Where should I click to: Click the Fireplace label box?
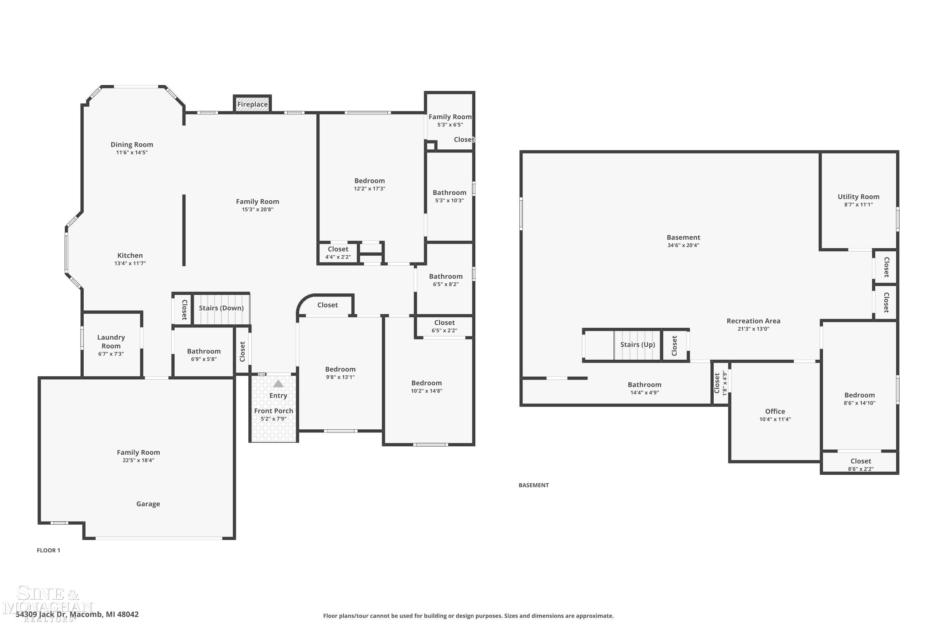pyautogui.click(x=252, y=104)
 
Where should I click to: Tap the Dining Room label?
pyautogui.click(x=132, y=145)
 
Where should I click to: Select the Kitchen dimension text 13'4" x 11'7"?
pyautogui.click(x=130, y=263)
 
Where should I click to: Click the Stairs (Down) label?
pyautogui.click(x=221, y=308)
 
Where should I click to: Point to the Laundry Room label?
pyautogui.click(x=111, y=342)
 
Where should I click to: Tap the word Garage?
pyautogui.click(x=148, y=504)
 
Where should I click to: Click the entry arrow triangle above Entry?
pyautogui.click(x=278, y=384)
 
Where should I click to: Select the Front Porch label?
pyautogui.click(x=273, y=411)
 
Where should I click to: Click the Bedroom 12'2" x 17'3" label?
pyautogui.click(x=369, y=181)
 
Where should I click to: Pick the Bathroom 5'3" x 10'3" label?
pyautogui.click(x=449, y=193)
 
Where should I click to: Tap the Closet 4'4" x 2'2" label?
pyautogui.click(x=338, y=249)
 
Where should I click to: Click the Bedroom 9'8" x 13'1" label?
pyautogui.click(x=340, y=369)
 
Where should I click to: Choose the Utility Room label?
pyautogui.click(x=858, y=197)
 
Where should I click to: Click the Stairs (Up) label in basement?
pyautogui.click(x=637, y=345)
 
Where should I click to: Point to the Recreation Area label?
pyautogui.click(x=753, y=321)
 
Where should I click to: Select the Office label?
pyautogui.click(x=775, y=411)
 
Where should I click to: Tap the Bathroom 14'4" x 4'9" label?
pyautogui.click(x=644, y=385)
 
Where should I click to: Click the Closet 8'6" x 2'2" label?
pyautogui.click(x=860, y=461)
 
